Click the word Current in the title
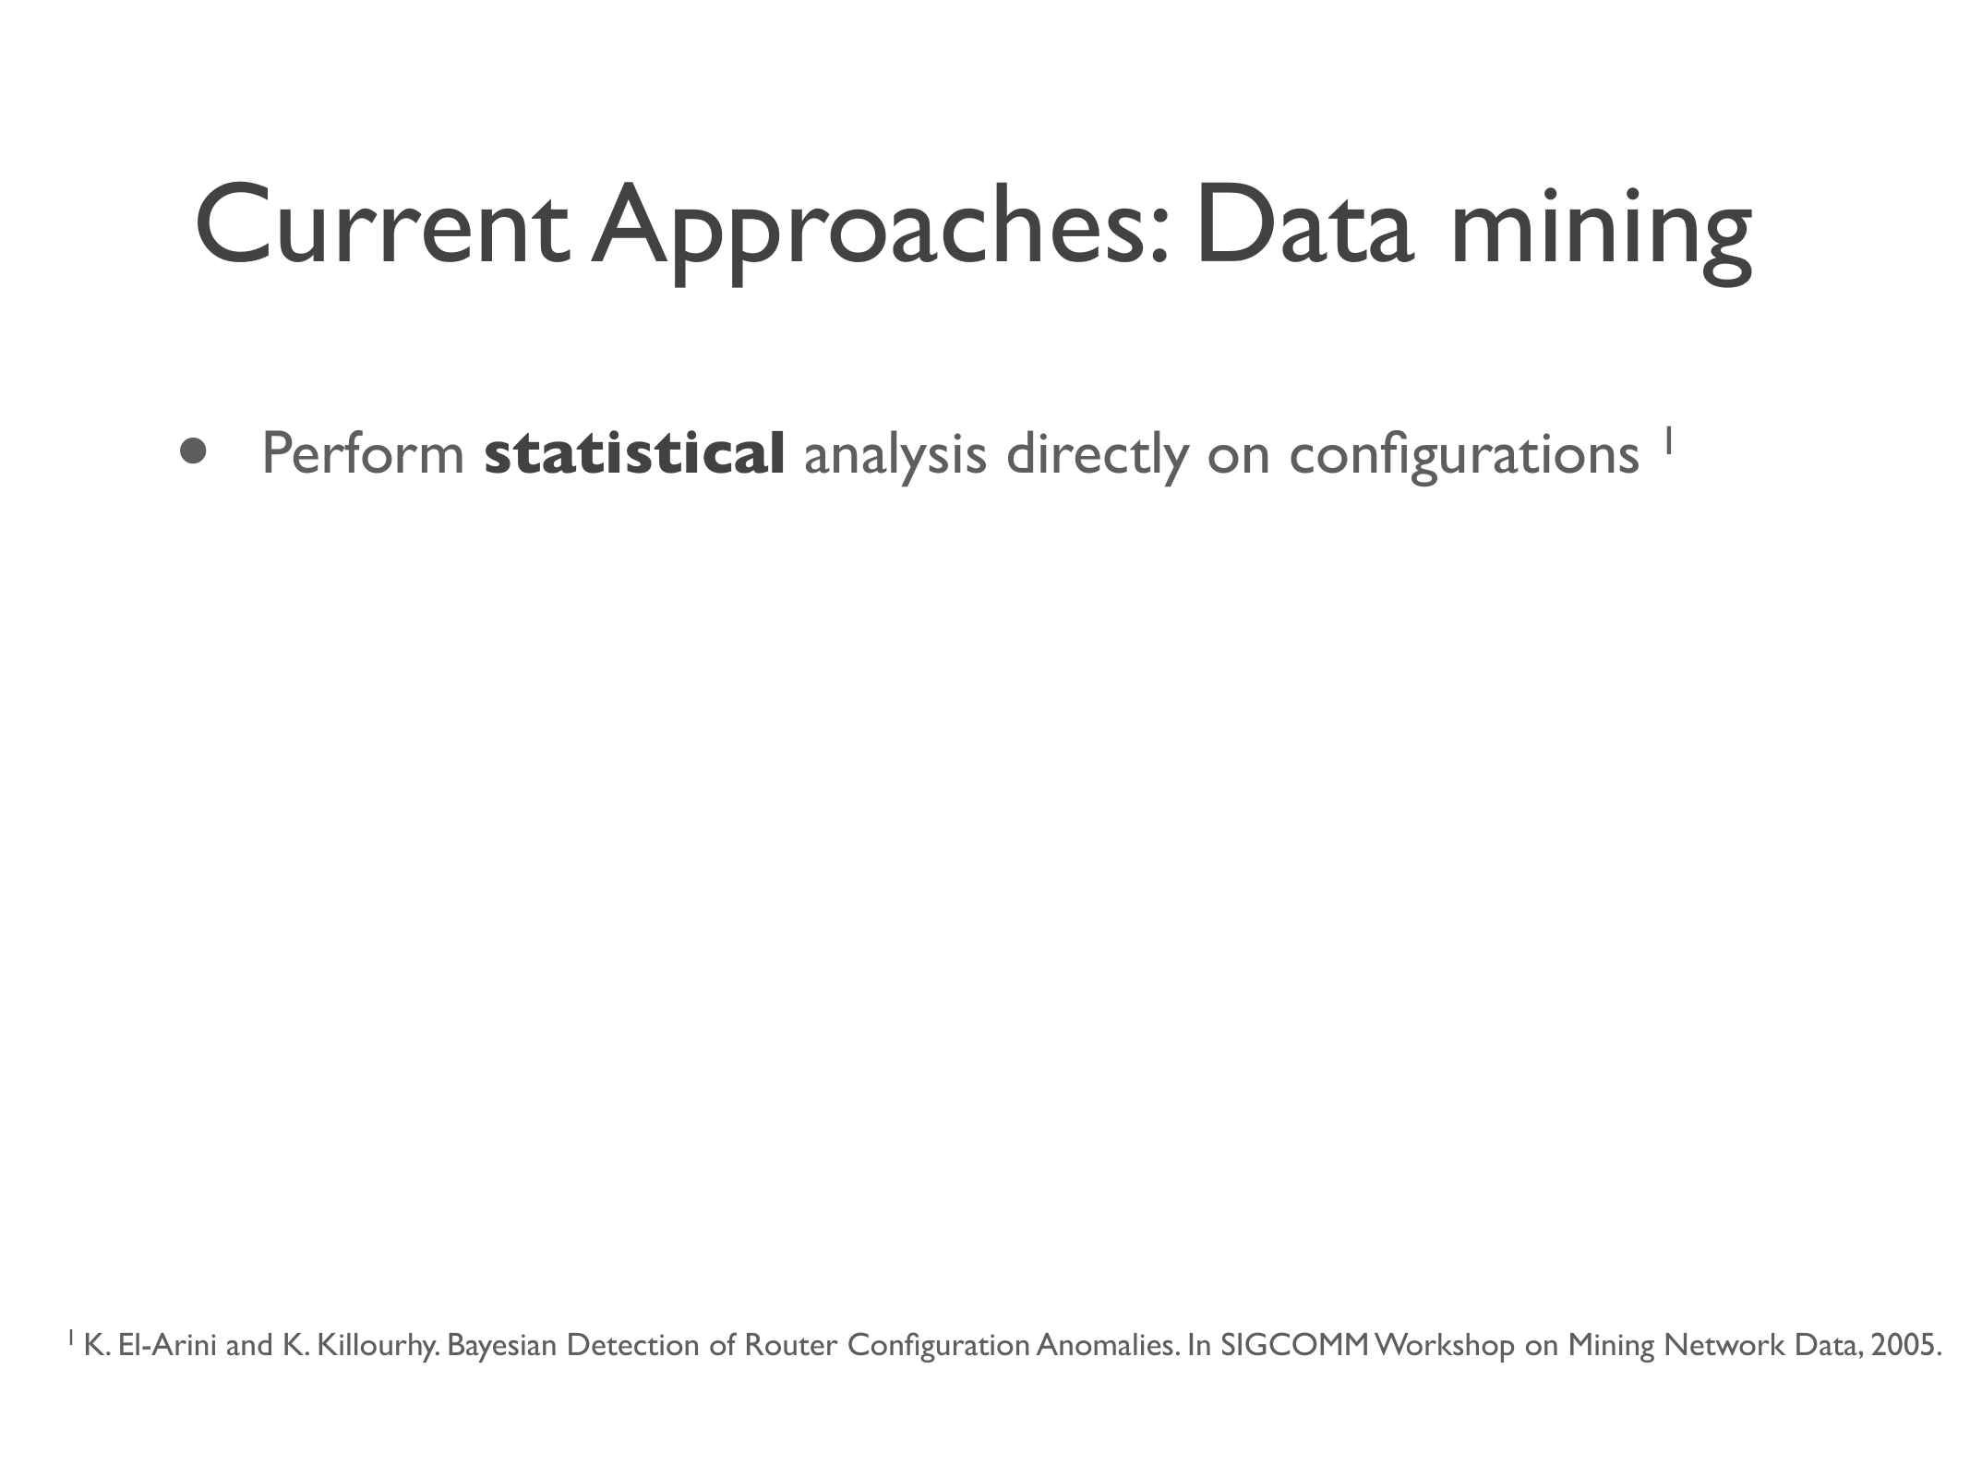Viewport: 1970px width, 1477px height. [381, 224]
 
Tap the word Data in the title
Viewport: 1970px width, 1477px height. [1303, 224]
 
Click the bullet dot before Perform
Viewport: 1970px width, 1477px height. [193, 450]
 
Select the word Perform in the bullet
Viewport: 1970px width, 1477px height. [363, 453]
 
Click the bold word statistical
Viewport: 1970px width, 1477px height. [634, 453]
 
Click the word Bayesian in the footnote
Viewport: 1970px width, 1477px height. [502, 1347]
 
